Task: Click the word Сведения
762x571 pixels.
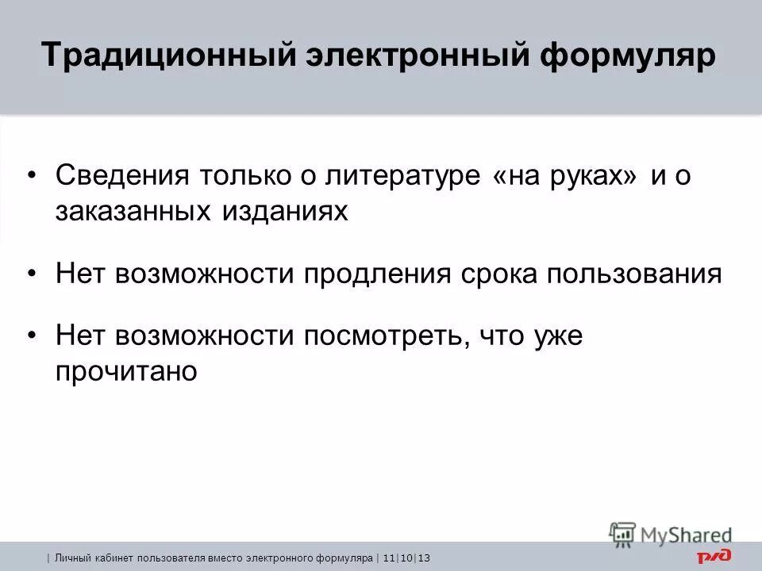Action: click(120, 176)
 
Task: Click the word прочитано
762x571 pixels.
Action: click(125, 372)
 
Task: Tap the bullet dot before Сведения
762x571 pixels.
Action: click(32, 176)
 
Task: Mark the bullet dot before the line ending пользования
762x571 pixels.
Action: click(32, 274)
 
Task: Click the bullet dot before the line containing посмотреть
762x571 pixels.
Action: click(32, 336)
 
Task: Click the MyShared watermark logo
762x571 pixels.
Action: click(672, 534)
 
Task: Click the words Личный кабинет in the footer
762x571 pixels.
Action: click(85, 559)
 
